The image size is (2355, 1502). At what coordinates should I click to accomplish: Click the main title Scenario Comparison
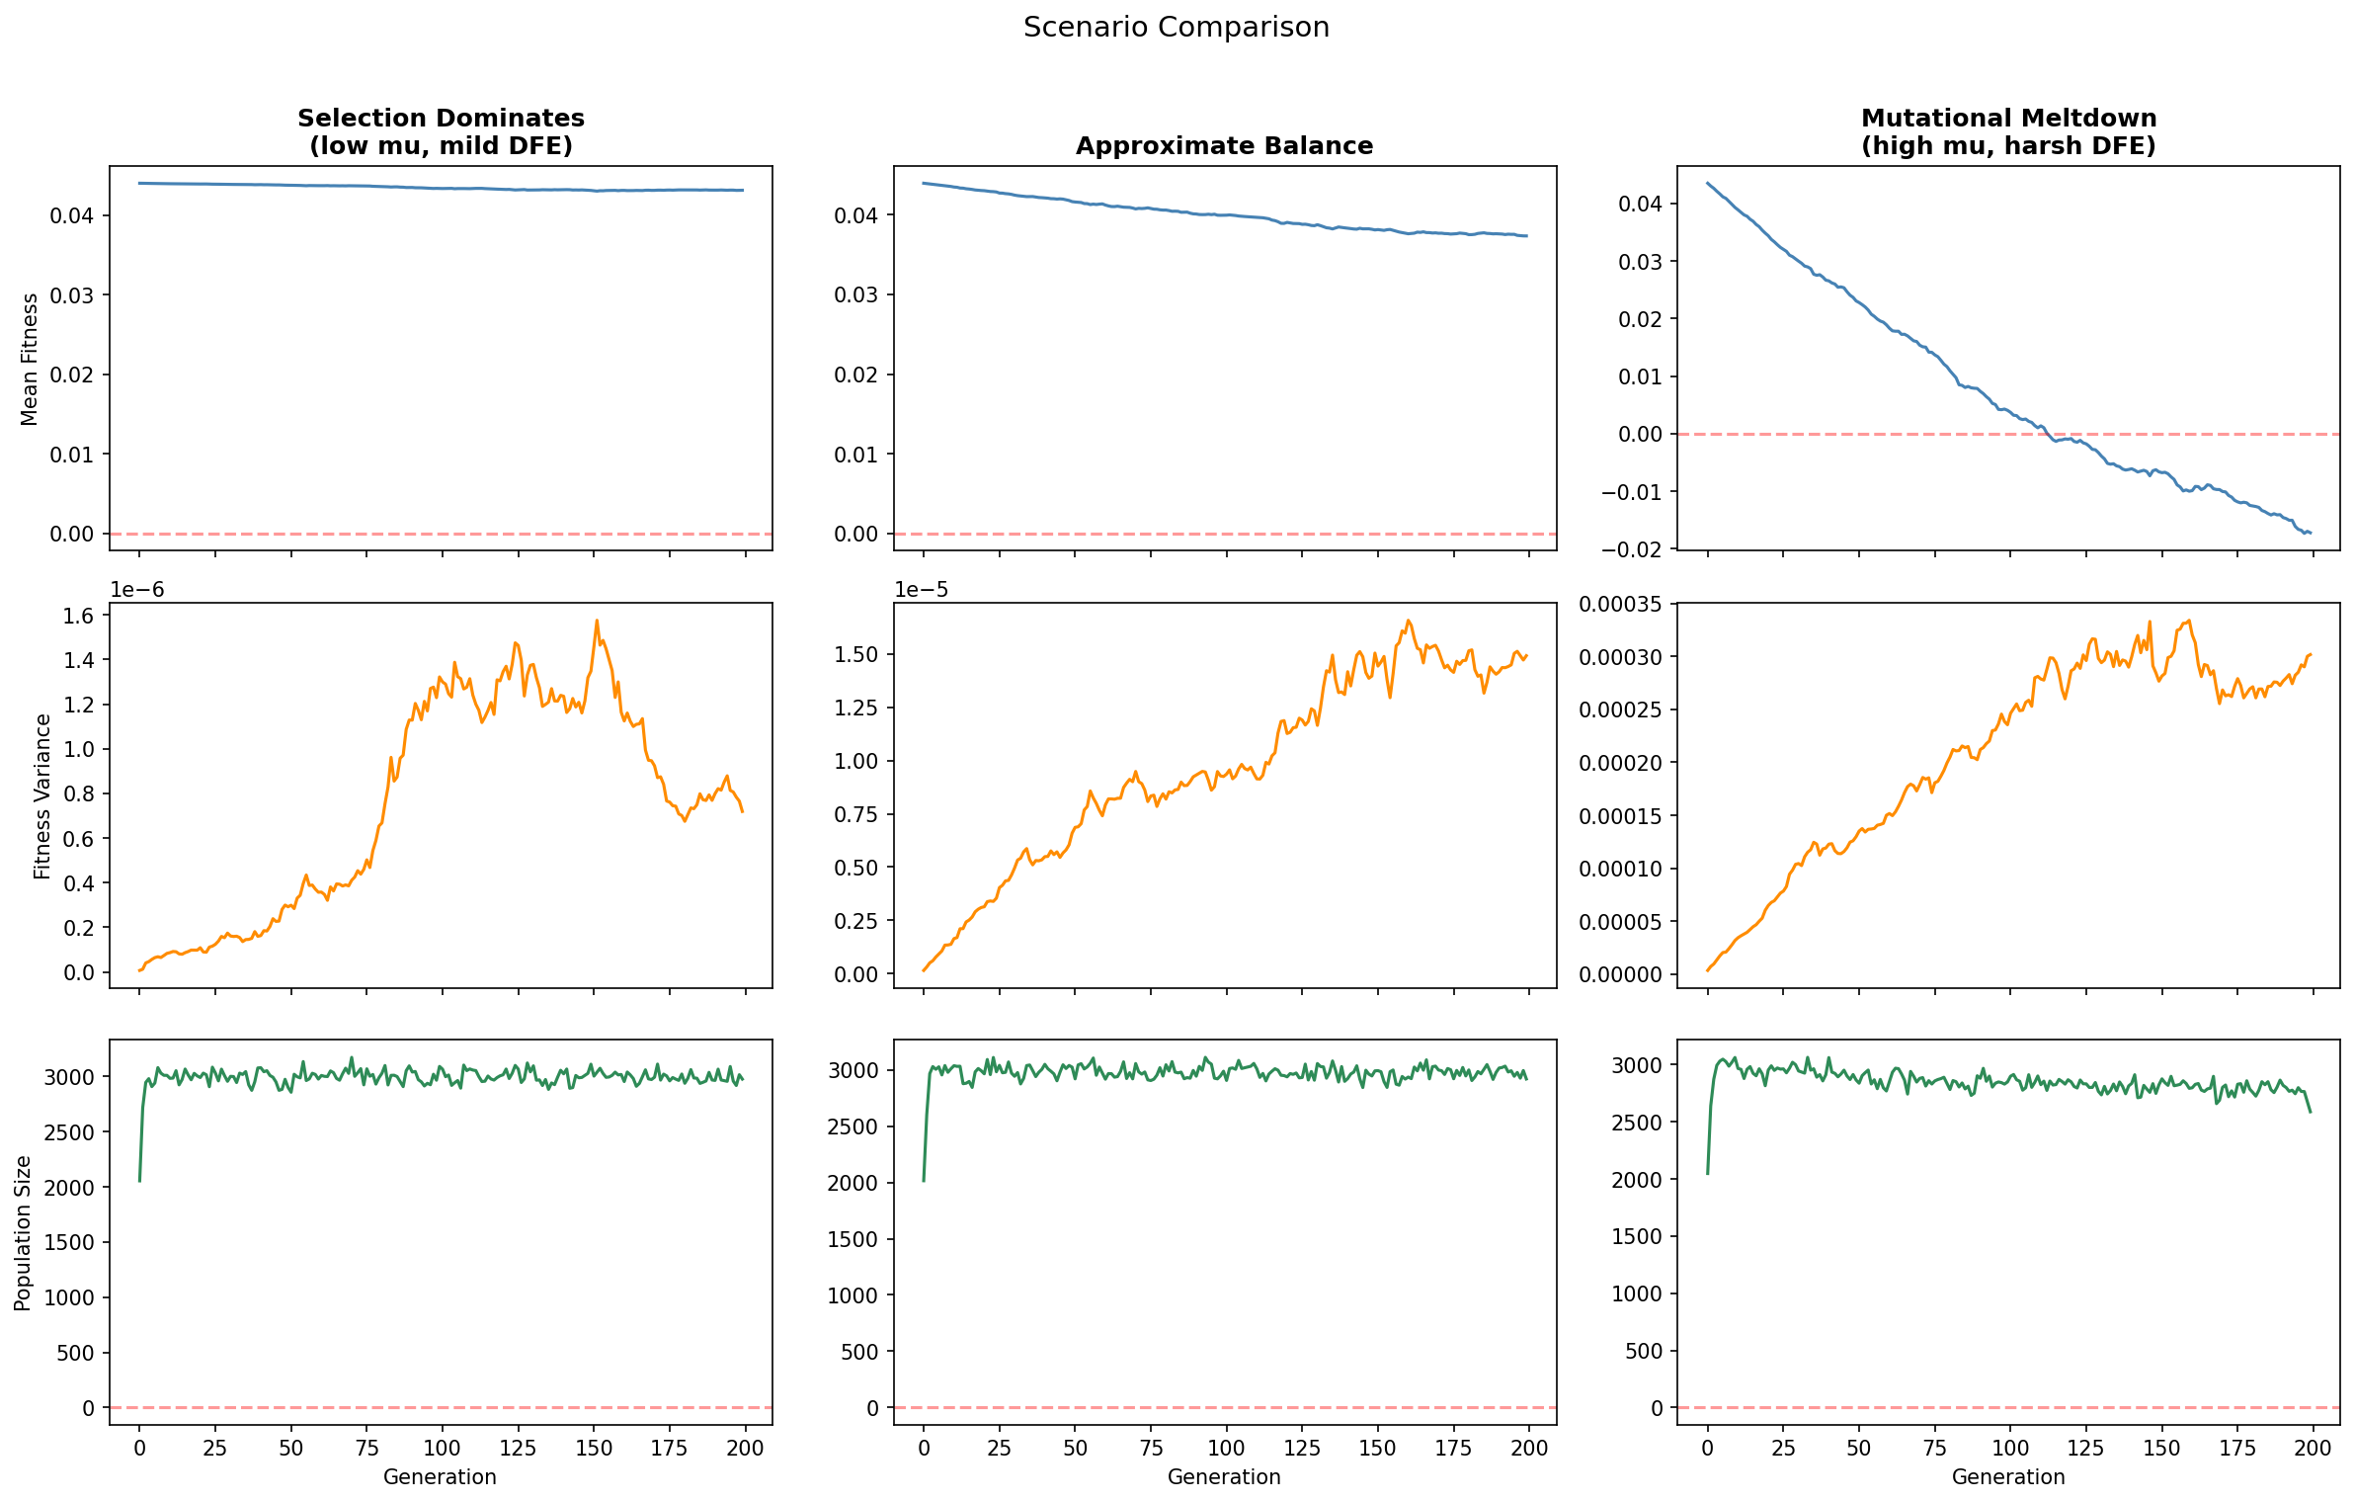[1176, 28]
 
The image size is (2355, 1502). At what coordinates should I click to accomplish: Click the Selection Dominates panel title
[441, 131]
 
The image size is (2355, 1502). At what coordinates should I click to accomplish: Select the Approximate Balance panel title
[1224, 146]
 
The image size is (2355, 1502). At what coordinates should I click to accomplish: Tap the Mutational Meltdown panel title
[2008, 131]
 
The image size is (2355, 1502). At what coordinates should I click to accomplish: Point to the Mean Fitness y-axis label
[30, 359]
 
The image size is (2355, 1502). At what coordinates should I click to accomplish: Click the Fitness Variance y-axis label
[42, 796]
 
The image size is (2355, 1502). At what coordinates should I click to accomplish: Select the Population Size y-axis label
[23, 1232]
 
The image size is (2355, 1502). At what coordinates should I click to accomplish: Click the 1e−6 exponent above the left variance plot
[136, 590]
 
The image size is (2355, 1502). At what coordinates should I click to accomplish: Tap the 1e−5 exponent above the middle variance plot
[921, 590]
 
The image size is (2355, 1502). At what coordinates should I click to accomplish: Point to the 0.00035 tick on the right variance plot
[1620, 604]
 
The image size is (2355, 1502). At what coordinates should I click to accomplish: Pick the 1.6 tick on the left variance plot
[79, 616]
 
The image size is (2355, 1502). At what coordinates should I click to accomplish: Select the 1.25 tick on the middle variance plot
[857, 708]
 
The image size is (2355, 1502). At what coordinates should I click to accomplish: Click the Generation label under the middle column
[1224, 1476]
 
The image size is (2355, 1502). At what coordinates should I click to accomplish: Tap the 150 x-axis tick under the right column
[2161, 1448]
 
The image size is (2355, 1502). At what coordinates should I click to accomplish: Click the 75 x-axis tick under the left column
[366, 1448]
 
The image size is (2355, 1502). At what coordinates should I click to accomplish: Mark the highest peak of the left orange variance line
[597, 622]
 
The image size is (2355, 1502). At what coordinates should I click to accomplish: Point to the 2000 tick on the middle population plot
[853, 1183]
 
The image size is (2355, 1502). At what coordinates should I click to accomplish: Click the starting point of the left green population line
[139, 1180]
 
